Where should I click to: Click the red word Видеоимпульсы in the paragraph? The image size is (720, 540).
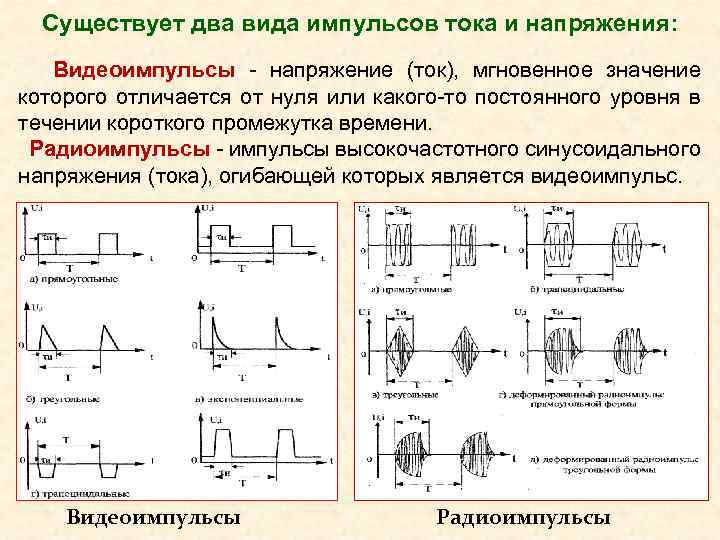tap(145, 72)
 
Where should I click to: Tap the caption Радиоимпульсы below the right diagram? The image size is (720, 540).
tap(524, 518)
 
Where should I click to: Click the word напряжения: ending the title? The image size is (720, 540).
tap(612, 22)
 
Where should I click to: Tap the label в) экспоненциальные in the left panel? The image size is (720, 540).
tap(250, 397)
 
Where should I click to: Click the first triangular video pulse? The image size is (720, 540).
tap(44, 330)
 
